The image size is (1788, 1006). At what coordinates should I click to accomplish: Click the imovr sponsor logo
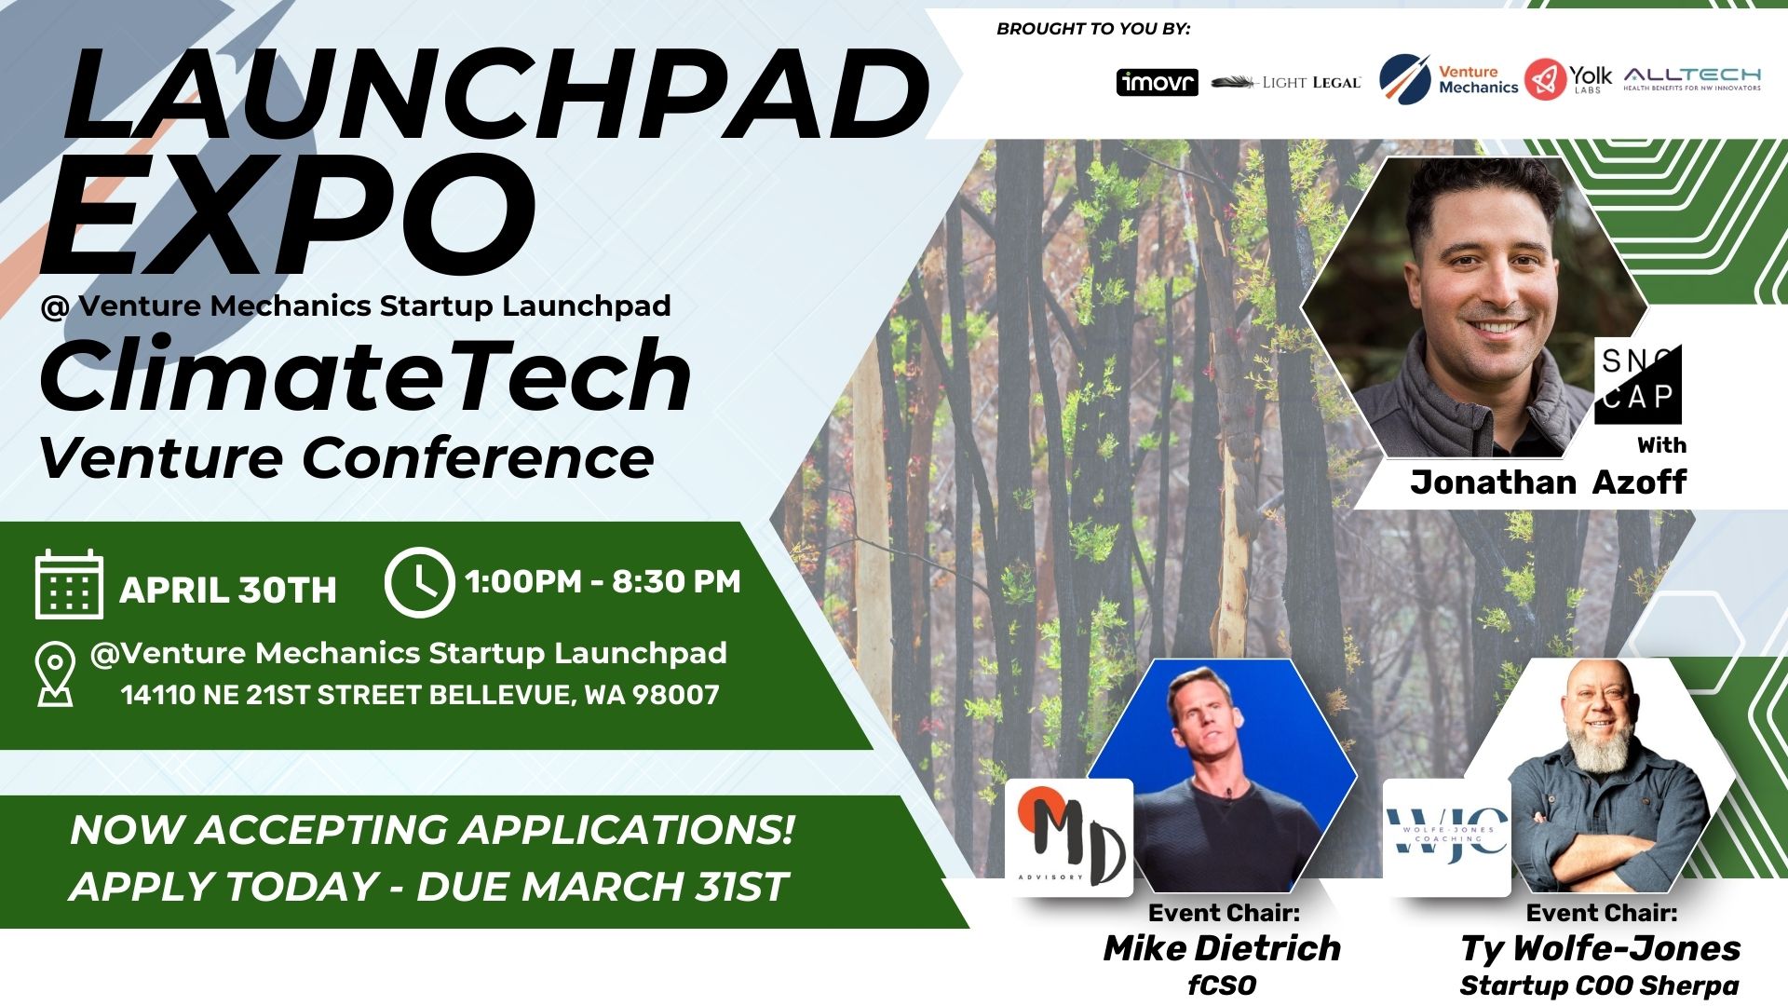1157,82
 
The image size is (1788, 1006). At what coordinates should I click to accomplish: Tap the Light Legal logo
1286,83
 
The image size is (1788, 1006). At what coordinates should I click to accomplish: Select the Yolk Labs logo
1568,79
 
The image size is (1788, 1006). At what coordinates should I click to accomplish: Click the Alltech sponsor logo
1692,79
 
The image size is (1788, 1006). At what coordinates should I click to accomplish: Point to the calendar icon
69,584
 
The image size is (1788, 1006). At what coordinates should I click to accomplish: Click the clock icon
419,582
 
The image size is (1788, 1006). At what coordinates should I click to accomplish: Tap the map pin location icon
55,673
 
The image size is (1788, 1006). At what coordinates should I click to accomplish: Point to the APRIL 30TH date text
228,590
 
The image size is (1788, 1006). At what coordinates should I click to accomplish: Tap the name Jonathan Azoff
1548,482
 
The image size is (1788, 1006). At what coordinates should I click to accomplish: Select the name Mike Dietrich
1222,948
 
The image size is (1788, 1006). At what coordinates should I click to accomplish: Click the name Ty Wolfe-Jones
1600,948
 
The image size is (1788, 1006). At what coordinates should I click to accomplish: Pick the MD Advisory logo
1069,836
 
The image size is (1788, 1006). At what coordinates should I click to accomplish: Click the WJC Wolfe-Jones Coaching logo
1446,836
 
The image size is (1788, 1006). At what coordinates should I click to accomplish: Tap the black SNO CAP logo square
1638,383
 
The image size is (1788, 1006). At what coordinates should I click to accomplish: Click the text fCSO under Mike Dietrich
1222,986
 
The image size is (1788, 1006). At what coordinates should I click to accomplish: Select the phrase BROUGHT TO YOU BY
1093,29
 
